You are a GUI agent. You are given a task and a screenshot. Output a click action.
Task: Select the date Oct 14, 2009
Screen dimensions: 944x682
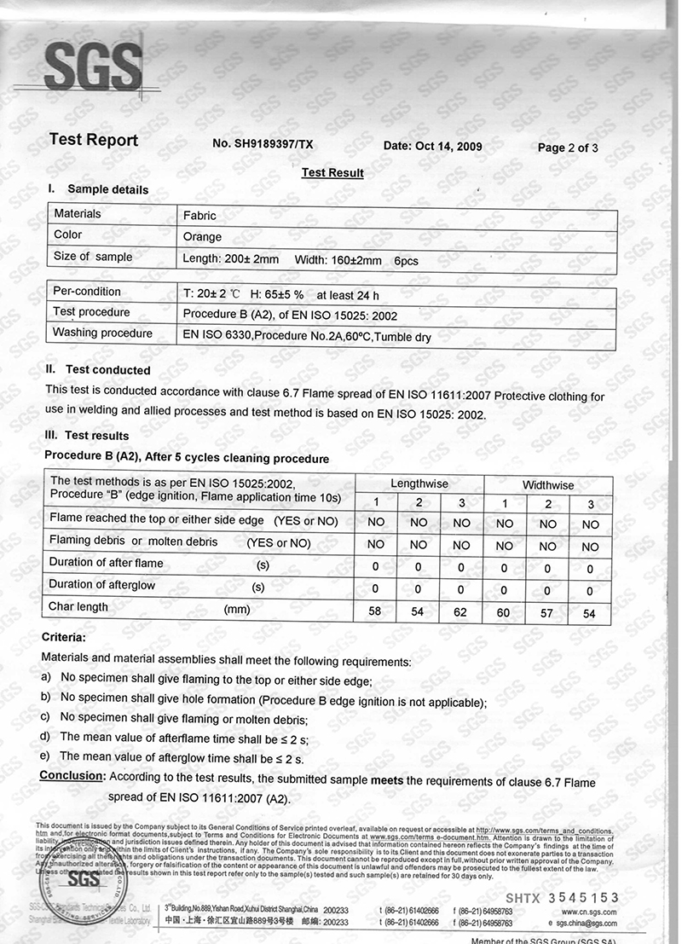pos(433,146)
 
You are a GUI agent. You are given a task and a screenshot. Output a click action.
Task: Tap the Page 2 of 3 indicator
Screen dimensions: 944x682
pos(568,148)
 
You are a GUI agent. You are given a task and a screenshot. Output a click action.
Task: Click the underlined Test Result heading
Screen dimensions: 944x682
pos(332,173)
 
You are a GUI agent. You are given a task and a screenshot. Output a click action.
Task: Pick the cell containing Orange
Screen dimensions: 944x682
pos(203,237)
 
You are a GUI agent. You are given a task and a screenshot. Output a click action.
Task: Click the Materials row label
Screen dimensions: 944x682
pos(78,214)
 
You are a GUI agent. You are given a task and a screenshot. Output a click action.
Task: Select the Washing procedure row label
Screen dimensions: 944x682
pos(102,333)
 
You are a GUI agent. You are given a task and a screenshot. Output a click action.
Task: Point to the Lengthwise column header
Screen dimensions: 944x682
pos(419,484)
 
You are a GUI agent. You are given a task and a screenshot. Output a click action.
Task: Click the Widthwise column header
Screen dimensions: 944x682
pos(548,485)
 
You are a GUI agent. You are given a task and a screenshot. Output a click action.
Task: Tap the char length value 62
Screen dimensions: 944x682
pos(461,612)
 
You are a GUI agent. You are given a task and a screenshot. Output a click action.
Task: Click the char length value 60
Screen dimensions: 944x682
pos(504,613)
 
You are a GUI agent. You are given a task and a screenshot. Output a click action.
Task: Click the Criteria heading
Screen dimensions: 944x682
pos(63,637)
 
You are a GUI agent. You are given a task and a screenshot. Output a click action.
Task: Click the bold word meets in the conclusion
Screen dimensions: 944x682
pos(387,780)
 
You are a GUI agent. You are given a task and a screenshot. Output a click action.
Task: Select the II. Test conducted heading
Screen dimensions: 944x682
pos(99,370)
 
